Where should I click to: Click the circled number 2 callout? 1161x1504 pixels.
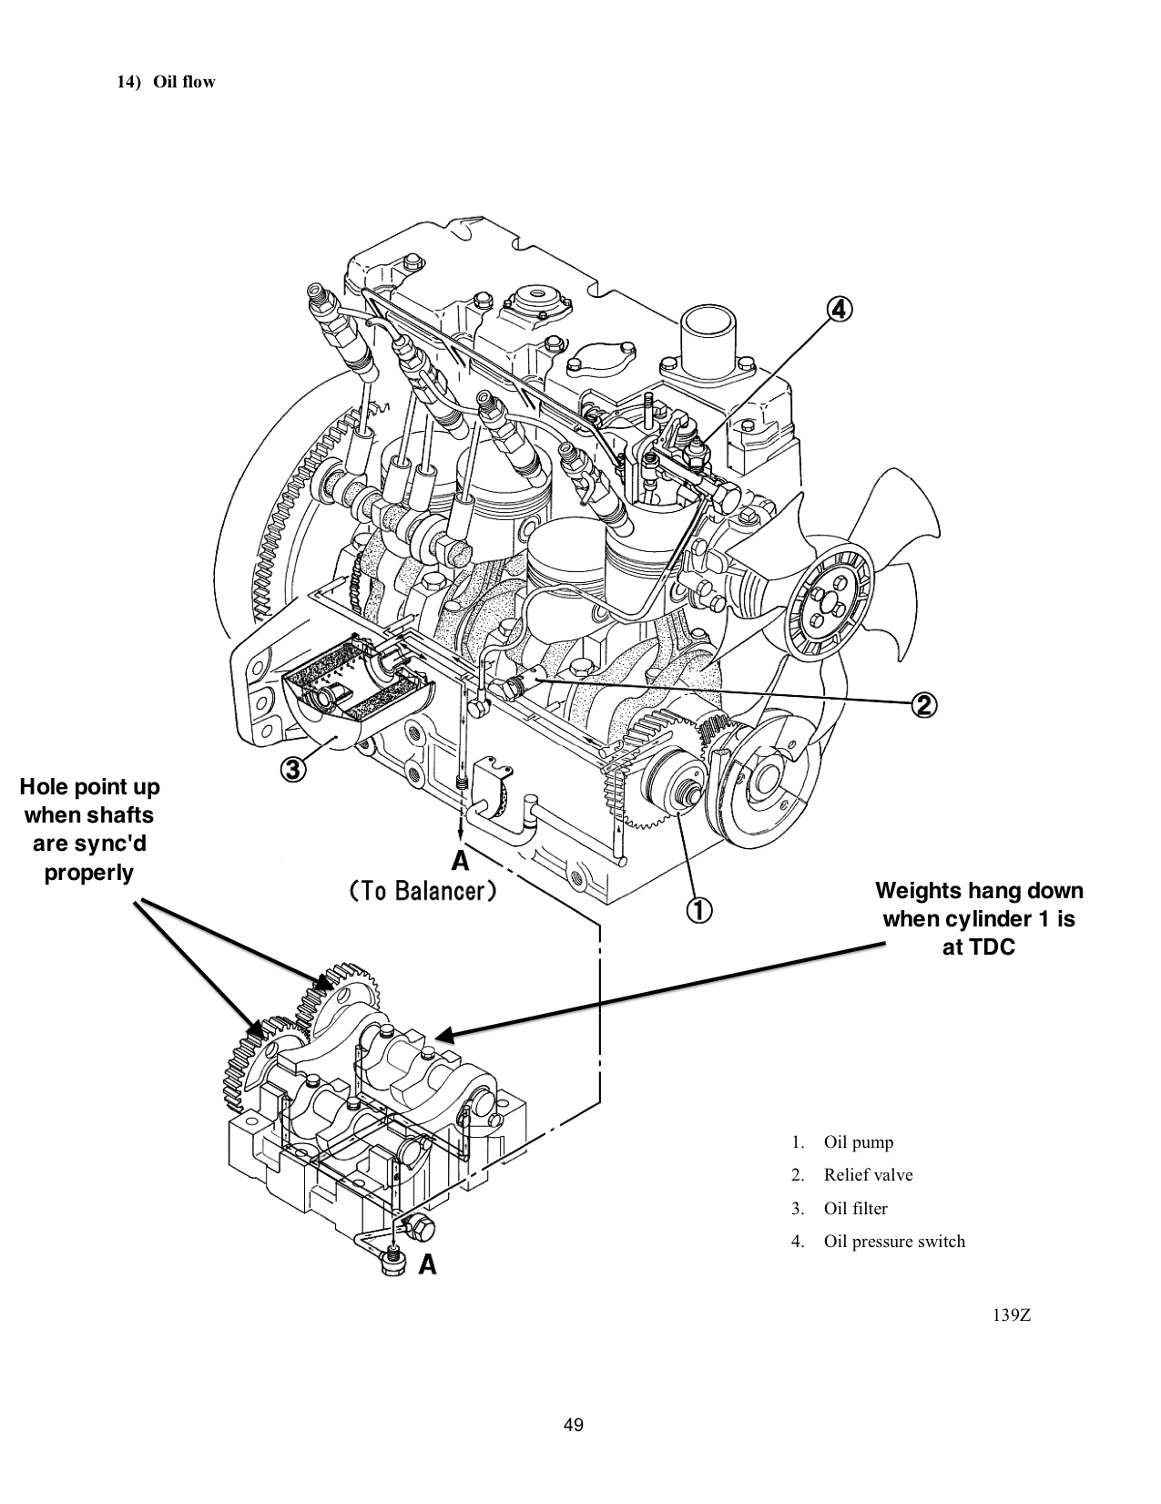click(922, 704)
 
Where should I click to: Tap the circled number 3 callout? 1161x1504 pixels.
click(291, 771)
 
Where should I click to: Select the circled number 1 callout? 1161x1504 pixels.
click(698, 909)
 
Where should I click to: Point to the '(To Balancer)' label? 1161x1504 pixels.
click(423, 891)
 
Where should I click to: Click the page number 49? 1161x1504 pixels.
click(574, 1425)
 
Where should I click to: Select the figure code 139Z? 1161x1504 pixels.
click(1012, 1315)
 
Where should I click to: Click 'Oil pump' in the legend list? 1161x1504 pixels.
click(858, 1142)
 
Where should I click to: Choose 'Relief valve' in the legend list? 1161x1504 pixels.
click(868, 1175)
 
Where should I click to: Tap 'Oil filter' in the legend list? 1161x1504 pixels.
click(855, 1209)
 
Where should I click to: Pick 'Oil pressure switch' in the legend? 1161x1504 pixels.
click(893, 1242)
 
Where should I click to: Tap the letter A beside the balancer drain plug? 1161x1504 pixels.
click(427, 1264)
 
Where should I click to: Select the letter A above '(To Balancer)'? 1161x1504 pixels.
click(461, 861)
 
